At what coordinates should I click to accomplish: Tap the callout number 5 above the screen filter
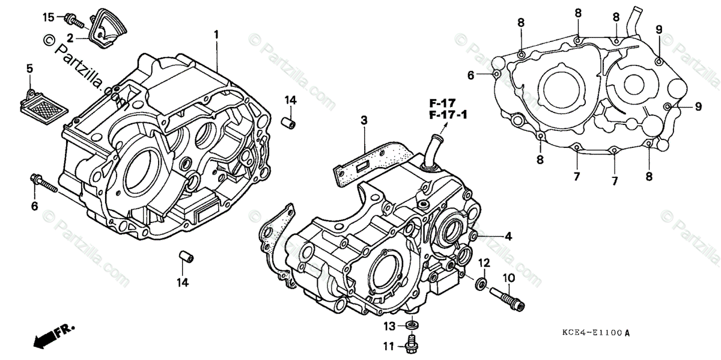tap(29, 69)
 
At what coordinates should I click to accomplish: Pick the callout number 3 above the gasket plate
tap(364, 121)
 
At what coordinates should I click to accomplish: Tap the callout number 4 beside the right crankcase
tap(508, 237)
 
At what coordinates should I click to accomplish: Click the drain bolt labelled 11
tap(413, 344)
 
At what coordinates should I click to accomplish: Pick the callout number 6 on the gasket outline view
tap(472, 75)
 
